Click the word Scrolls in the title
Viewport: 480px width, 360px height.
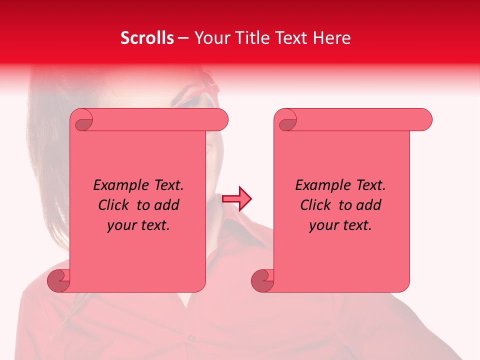(147, 38)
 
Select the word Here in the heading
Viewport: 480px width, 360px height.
(332, 38)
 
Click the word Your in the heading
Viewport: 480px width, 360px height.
(211, 38)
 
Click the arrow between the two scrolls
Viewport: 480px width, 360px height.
(236, 199)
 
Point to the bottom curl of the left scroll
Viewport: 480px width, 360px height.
(58, 280)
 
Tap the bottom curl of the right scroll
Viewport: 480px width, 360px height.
(262, 280)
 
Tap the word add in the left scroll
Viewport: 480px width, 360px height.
(167, 205)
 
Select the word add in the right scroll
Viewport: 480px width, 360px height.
(369, 205)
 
